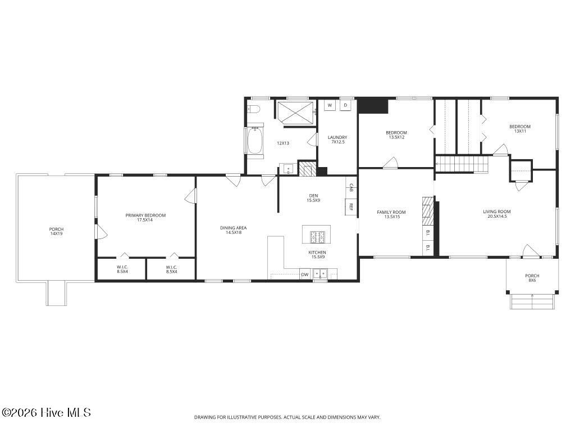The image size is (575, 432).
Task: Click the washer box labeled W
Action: pyautogui.click(x=330, y=105)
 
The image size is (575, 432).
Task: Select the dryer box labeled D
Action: pyautogui.click(x=345, y=105)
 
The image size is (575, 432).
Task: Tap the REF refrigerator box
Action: pyautogui.click(x=350, y=207)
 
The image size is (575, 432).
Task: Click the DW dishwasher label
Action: pyautogui.click(x=305, y=274)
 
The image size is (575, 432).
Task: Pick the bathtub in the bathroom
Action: pyautogui.click(x=255, y=141)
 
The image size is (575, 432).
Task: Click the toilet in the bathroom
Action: pyautogui.click(x=253, y=109)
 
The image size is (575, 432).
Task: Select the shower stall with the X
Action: pyautogui.click(x=295, y=113)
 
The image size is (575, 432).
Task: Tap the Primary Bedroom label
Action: pyautogui.click(x=145, y=215)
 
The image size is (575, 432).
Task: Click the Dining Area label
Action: pyautogui.click(x=233, y=228)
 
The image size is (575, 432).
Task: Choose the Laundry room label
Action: pyautogui.click(x=337, y=137)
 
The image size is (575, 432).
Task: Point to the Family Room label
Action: pyautogui.click(x=391, y=212)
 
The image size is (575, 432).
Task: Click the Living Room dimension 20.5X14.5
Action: pyautogui.click(x=497, y=217)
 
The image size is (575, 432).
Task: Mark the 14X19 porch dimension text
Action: pyautogui.click(x=56, y=233)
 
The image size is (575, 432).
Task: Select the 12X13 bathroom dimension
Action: pyautogui.click(x=283, y=143)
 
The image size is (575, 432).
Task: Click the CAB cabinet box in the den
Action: pyautogui.click(x=351, y=188)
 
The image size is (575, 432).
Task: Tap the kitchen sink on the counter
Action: pyautogui.click(x=320, y=274)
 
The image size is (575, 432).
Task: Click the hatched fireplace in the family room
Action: pyautogui.click(x=427, y=211)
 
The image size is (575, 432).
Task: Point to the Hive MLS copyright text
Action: pyautogui.click(x=46, y=412)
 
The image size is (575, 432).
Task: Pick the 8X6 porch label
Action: pyautogui.click(x=532, y=280)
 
